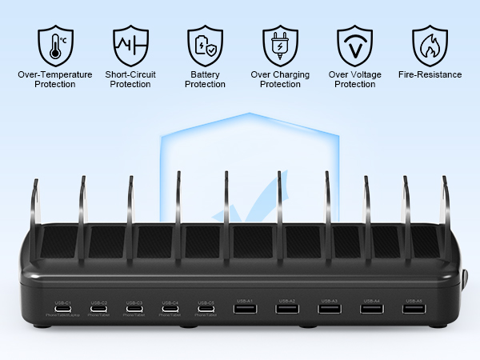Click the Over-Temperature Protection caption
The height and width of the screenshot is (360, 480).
(x=55, y=79)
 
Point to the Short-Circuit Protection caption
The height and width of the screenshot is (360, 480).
(x=130, y=79)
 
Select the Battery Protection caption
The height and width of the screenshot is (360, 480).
(x=205, y=79)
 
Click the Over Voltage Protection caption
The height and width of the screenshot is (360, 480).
(x=354, y=79)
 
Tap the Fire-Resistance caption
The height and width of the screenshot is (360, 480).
(x=430, y=74)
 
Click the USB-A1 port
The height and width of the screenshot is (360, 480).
(x=245, y=309)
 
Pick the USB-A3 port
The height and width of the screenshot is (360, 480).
(x=329, y=309)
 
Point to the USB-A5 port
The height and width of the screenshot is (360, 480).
(x=414, y=309)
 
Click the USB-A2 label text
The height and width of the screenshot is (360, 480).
(x=287, y=301)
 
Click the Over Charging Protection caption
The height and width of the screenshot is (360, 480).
(x=280, y=79)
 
